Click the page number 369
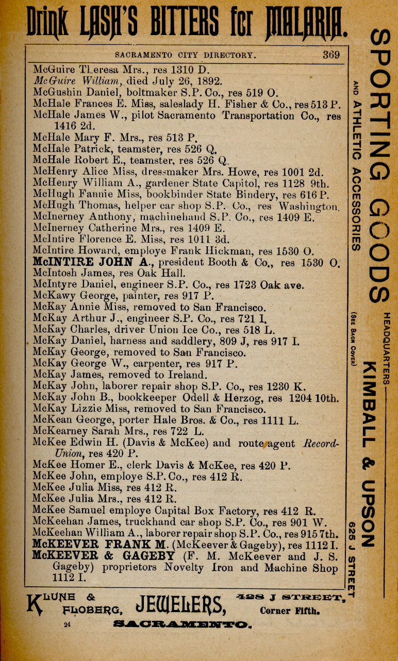(331, 55)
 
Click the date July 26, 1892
(187, 81)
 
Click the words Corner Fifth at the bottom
(290, 612)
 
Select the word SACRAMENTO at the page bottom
(183, 625)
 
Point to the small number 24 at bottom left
(67, 625)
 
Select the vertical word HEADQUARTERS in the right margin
(387, 348)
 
